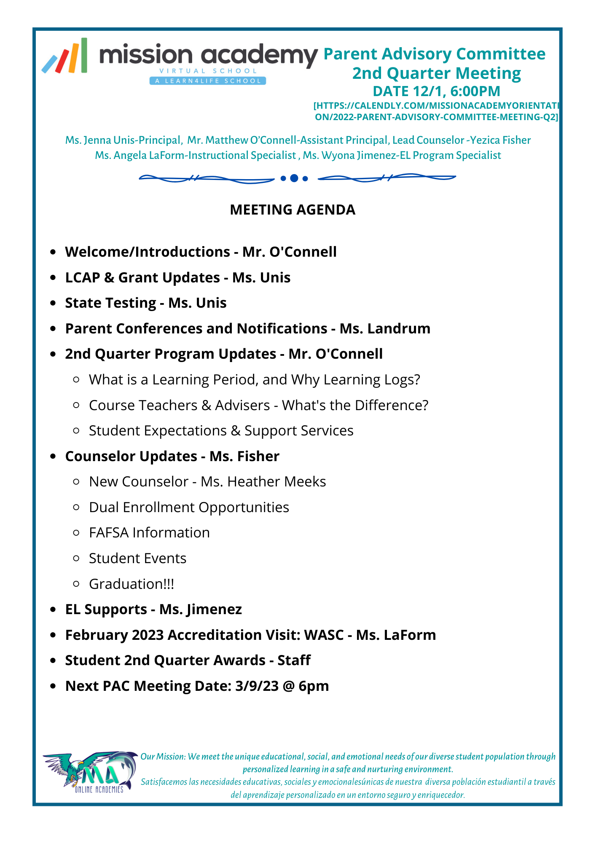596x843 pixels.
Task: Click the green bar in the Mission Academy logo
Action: coord(84,55)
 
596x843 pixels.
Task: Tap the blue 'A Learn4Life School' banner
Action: coord(207,81)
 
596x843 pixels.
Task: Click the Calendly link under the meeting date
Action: coord(436,111)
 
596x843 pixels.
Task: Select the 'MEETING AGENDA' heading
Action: coord(293,210)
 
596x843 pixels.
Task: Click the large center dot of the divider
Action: coord(294,178)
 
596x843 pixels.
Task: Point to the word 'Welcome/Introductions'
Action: coord(147,252)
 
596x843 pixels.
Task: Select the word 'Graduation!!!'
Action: coord(131,584)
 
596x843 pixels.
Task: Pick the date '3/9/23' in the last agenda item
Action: coord(257,686)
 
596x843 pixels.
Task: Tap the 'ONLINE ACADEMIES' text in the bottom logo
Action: coord(99,789)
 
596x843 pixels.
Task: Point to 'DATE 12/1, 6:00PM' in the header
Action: coord(436,91)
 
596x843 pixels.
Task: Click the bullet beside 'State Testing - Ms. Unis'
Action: coord(53,303)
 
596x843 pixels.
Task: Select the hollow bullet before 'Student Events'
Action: coord(76,558)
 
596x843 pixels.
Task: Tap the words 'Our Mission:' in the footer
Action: coord(163,757)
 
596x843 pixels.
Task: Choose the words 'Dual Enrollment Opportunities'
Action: coord(189,507)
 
